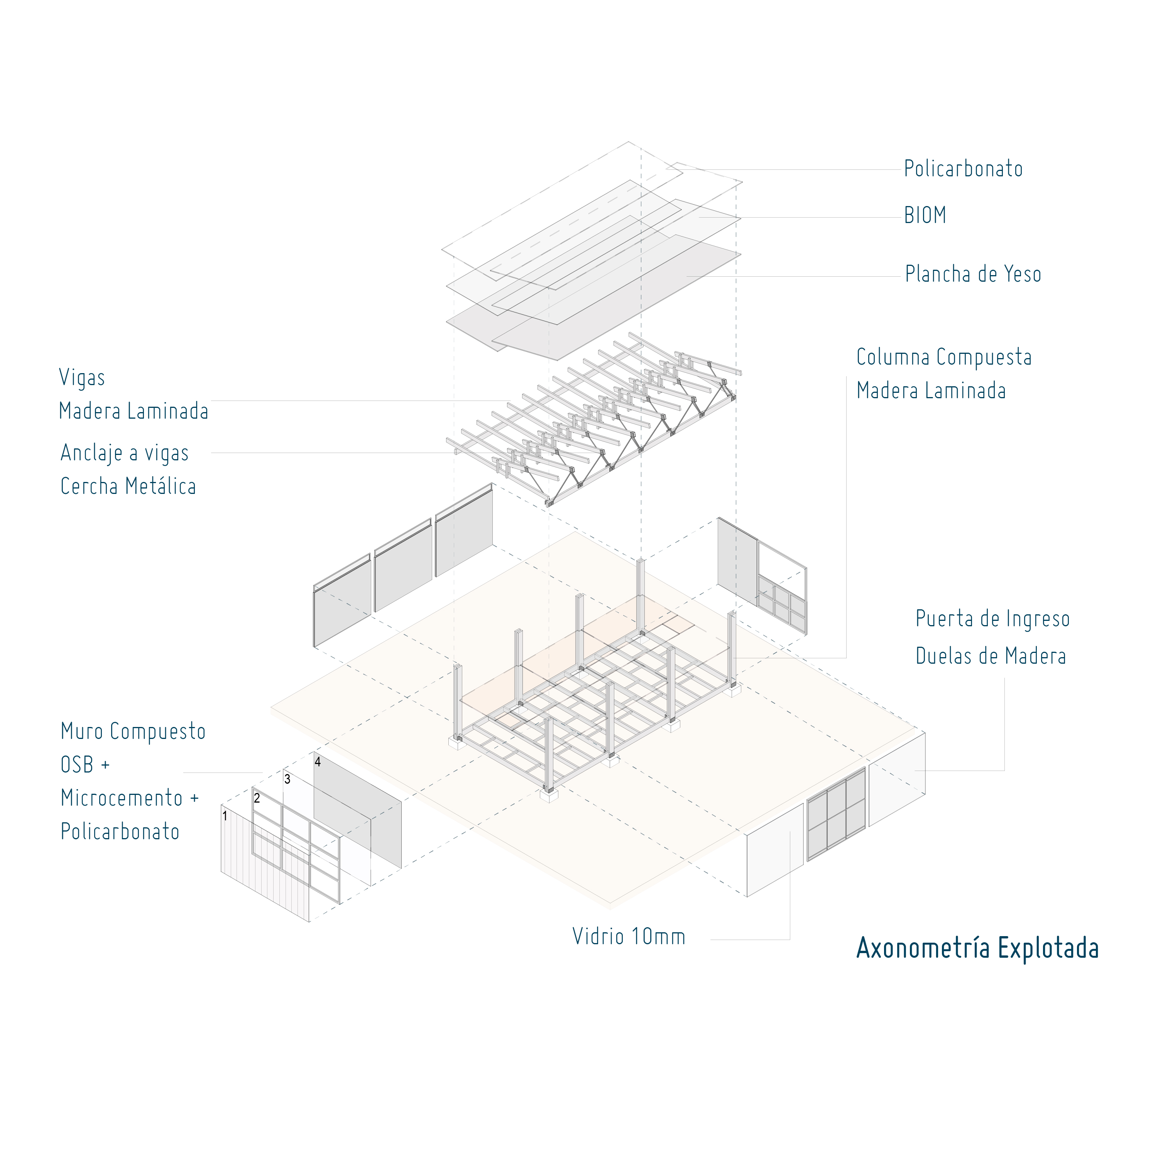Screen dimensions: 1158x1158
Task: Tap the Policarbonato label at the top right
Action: coord(963,169)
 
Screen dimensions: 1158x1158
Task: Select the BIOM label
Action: coord(925,216)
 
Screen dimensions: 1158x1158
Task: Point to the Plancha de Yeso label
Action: coord(973,274)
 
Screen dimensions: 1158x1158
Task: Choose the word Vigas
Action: coord(82,378)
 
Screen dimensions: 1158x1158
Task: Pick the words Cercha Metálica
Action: coord(128,486)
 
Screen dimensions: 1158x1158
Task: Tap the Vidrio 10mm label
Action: coord(629,936)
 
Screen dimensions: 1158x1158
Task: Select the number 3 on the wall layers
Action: coord(287,779)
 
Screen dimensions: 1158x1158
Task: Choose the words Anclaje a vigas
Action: coord(125,453)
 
